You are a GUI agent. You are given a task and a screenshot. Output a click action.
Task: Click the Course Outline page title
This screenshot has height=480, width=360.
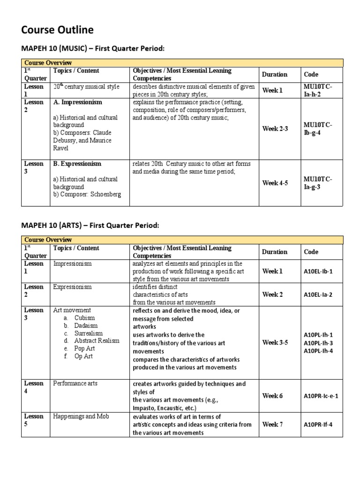tap(57, 30)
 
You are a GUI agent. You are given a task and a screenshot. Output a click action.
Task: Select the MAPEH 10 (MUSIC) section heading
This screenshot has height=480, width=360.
tap(93, 49)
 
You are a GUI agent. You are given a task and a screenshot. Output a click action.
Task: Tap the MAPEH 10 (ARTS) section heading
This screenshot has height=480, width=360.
tap(90, 225)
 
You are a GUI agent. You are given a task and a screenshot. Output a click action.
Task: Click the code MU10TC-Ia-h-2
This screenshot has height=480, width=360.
tap(318, 90)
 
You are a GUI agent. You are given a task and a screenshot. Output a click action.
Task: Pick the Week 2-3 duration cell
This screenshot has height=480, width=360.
tap(276, 128)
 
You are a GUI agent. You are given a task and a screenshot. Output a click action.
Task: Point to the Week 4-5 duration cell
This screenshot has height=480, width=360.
tap(276, 183)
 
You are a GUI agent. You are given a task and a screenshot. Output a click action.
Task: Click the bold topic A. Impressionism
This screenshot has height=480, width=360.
tap(78, 102)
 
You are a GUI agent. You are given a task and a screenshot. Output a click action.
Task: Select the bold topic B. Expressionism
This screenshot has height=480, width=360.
tap(77, 164)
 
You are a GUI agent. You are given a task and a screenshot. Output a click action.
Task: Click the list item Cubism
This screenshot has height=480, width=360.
tap(84, 318)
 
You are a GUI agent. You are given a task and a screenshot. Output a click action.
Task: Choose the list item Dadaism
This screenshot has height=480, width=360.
tap(86, 325)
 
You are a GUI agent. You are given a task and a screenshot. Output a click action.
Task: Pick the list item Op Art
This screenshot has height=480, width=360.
tap(83, 356)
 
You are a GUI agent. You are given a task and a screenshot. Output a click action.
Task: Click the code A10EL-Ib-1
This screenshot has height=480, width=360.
tap(318, 271)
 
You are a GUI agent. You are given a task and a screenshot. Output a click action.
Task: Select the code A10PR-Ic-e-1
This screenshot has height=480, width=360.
tap(321, 396)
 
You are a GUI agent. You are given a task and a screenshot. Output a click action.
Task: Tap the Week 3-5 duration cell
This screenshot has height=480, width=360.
tap(276, 342)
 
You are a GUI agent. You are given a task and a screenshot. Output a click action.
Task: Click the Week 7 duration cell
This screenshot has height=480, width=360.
tap(272, 425)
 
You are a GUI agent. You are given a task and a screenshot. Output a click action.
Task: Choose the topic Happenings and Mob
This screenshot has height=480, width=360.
tap(81, 416)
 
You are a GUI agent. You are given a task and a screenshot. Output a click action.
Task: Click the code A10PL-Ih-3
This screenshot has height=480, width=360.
tap(318, 343)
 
